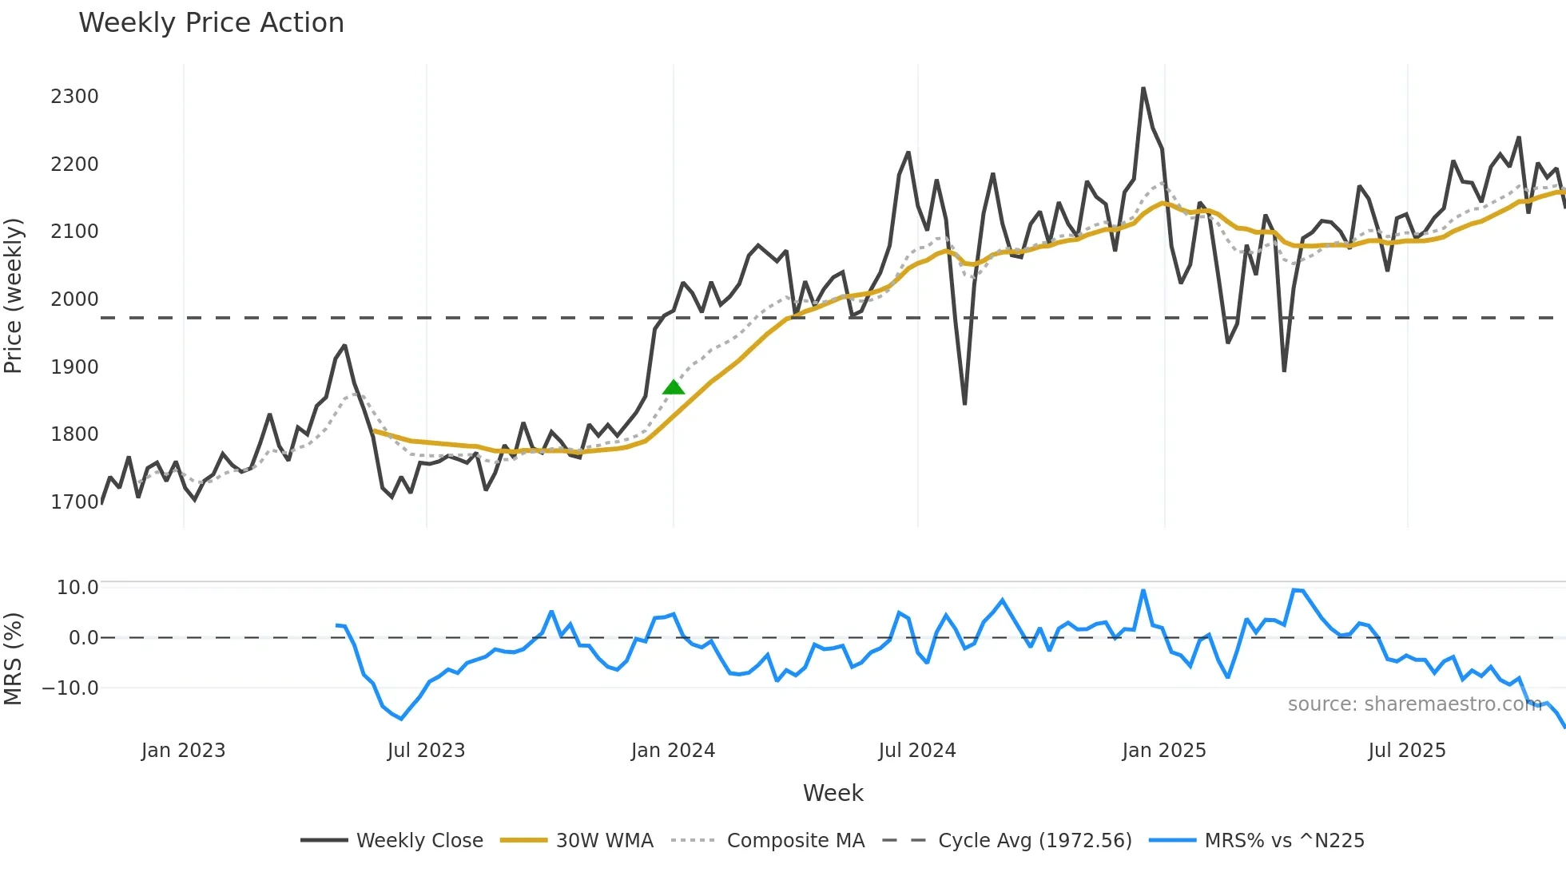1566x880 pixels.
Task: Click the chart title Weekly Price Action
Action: pos(211,23)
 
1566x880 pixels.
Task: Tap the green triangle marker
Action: pos(674,388)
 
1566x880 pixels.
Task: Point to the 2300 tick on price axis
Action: pos(74,97)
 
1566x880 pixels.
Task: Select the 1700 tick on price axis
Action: pos(74,502)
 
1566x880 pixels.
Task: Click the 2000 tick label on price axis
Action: pos(74,299)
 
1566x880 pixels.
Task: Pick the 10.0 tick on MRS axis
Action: pos(78,588)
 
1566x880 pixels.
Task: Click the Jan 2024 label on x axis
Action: pos(673,751)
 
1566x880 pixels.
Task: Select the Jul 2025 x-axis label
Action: pos(1407,751)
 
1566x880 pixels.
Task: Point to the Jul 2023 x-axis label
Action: pos(426,751)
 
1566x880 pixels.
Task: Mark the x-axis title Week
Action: pos(833,793)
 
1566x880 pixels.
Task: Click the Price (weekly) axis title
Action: pos(14,295)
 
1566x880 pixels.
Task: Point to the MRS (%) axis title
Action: pos(14,659)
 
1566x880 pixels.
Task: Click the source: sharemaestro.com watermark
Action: pos(1414,704)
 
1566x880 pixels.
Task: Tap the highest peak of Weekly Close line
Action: pos(1143,89)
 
